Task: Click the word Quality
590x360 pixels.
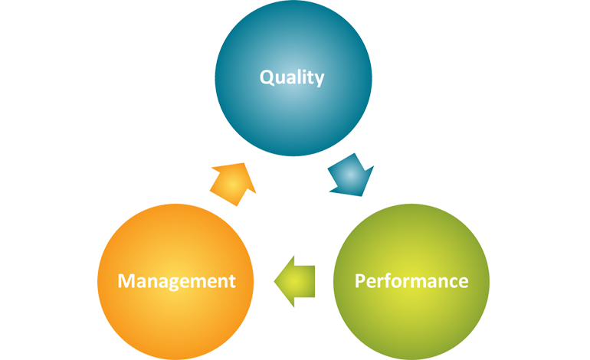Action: point(292,77)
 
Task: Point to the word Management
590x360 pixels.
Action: point(176,281)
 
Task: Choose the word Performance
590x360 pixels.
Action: point(411,281)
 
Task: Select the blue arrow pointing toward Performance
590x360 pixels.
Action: point(349,178)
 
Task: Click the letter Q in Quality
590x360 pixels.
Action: point(267,77)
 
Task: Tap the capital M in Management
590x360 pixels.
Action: point(127,281)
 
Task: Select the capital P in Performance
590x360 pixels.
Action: point(359,281)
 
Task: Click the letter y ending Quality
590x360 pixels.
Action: point(320,80)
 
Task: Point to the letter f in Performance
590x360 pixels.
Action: point(389,280)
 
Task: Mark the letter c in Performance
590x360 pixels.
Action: point(453,282)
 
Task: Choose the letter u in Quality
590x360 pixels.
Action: point(280,79)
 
